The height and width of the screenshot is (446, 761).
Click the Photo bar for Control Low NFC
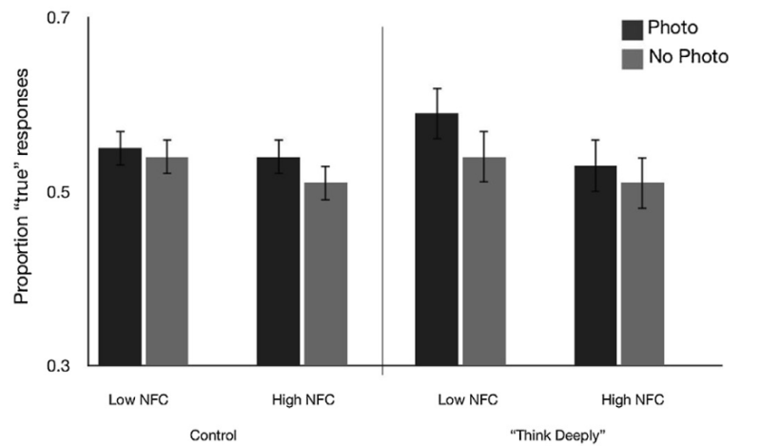[120, 257]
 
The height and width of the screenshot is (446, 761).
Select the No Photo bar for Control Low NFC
[166, 262]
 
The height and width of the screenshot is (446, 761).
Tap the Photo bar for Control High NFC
[279, 262]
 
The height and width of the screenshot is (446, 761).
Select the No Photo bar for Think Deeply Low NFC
[485, 262]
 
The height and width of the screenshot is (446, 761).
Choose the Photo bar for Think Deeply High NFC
[596, 265]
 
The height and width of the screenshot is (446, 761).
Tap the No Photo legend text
[688, 57]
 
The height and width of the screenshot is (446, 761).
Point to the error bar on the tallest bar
[438, 113]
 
